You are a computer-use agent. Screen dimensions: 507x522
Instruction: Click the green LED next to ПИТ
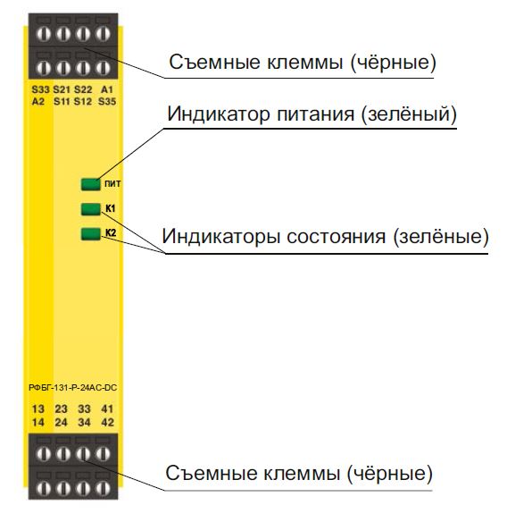(90, 184)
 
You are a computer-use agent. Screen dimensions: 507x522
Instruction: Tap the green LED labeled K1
(90, 209)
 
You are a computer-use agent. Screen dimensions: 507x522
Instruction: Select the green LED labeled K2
(90, 234)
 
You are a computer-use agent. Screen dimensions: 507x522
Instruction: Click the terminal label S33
(40, 89)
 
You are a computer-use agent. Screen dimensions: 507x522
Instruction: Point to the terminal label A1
(107, 89)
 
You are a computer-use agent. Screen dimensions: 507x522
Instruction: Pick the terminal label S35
(107, 101)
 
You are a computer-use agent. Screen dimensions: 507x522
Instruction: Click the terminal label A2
(38, 101)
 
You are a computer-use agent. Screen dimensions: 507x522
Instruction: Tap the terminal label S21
(62, 89)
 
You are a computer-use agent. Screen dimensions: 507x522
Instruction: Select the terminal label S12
(83, 101)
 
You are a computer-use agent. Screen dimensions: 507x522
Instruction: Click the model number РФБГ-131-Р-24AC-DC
(73, 388)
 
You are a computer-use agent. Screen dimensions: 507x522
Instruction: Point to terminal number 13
(38, 408)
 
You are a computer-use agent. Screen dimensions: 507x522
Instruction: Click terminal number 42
(107, 423)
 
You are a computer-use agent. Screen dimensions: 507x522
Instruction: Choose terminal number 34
(84, 423)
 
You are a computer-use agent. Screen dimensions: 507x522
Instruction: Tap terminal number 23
(62, 408)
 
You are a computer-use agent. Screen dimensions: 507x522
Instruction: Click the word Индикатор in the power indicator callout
(219, 114)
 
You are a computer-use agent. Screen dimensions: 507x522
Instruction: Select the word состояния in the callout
(337, 237)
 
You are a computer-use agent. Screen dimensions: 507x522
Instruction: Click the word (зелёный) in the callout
(409, 114)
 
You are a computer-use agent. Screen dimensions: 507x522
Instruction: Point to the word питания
(316, 114)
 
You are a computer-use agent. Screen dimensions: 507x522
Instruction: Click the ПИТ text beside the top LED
(112, 184)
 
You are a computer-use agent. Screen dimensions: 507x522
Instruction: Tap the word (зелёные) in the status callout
(441, 237)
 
